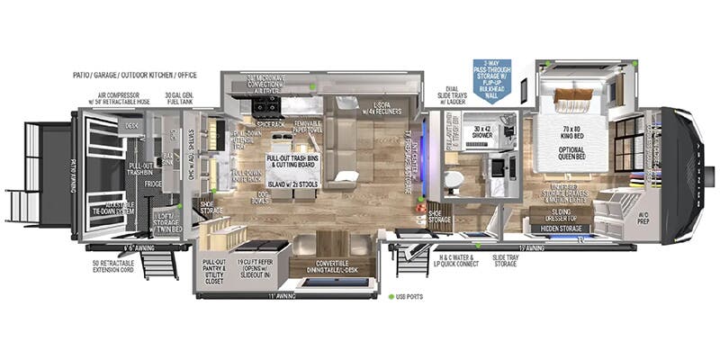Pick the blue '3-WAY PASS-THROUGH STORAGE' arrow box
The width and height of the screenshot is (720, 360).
491,78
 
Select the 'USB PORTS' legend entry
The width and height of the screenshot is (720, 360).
410,296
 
